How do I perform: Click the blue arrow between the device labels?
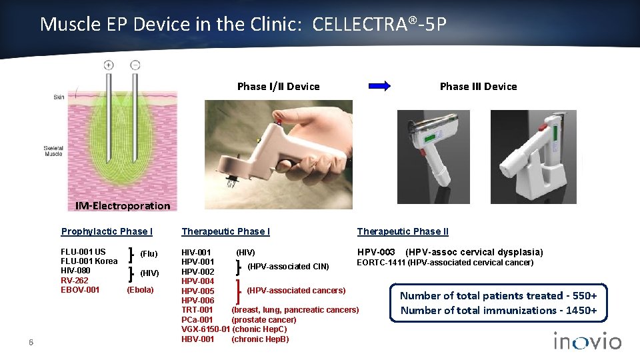pyautogui.click(x=380, y=86)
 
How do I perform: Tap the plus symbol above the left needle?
pyautogui.click(x=108, y=65)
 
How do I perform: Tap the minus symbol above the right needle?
pyautogui.click(x=135, y=65)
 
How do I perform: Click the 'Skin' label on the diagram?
pyautogui.click(x=59, y=97)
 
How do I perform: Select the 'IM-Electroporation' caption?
pyautogui.click(x=123, y=205)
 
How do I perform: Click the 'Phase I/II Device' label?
pyautogui.click(x=278, y=86)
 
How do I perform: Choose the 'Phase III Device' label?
pyautogui.click(x=478, y=86)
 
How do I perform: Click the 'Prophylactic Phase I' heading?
pyautogui.click(x=107, y=231)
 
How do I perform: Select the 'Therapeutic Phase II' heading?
pyautogui.click(x=403, y=231)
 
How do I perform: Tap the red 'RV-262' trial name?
pyautogui.click(x=74, y=280)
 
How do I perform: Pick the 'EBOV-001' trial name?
pyautogui.click(x=80, y=289)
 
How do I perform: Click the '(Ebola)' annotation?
pyautogui.click(x=140, y=289)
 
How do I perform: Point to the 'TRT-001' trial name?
pyautogui.click(x=197, y=310)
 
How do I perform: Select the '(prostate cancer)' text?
pyautogui.click(x=263, y=319)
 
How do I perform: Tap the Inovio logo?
pyautogui.click(x=587, y=341)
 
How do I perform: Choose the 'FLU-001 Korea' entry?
pyautogui.click(x=89, y=261)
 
